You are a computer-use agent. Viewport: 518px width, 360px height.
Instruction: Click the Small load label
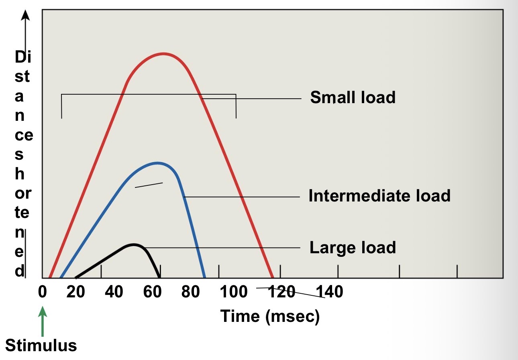click(353, 98)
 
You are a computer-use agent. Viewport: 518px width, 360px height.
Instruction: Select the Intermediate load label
click(379, 196)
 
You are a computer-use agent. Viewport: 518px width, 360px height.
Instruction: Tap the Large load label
click(353, 247)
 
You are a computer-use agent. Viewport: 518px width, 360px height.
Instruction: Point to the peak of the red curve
click(163, 53)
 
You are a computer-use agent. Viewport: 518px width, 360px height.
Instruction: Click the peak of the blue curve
click(157, 163)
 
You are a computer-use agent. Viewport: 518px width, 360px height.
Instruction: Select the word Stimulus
click(41, 346)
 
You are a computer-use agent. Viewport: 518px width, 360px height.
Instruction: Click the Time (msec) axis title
click(270, 316)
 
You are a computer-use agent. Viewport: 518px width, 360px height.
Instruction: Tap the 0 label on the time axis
click(42, 292)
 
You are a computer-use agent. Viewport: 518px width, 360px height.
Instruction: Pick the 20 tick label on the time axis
click(75, 292)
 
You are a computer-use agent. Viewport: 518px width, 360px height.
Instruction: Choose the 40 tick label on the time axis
click(114, 292)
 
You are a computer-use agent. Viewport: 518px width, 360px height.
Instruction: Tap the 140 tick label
click(330, 292)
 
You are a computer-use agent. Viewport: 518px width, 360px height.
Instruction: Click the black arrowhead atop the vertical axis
click(26, 15)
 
